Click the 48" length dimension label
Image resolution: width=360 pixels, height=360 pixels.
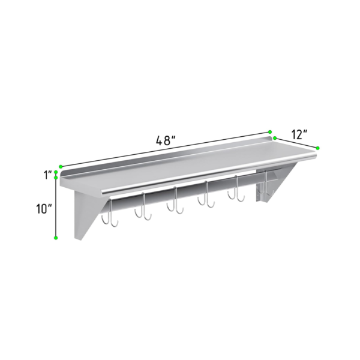[166, 140]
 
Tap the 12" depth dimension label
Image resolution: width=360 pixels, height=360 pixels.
[299, 134]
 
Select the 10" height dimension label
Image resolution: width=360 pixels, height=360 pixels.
[44, 209]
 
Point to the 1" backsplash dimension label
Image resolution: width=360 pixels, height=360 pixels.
[48, 175]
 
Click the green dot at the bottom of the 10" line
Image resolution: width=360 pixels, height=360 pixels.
[56, 238]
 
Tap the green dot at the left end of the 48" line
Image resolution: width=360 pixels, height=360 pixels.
[61, 166]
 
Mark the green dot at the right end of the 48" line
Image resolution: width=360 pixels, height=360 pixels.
[270, 132]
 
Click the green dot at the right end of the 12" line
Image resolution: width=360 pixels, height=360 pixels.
[317, 148]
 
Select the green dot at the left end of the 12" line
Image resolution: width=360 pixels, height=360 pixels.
[275, 138]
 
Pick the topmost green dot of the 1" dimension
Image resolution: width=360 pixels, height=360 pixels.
[56, 172]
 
